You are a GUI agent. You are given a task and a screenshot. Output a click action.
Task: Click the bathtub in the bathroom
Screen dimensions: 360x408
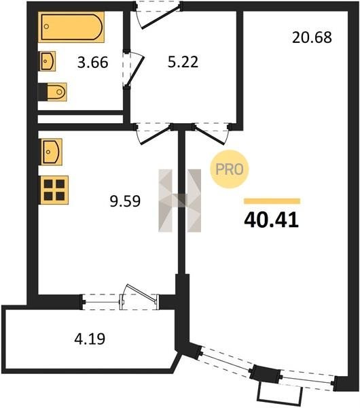[x=71, y=27]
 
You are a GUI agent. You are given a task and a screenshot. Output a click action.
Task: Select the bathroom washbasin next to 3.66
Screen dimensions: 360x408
[x=48, y=61]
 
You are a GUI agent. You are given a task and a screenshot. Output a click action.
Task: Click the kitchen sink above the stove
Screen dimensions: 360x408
[x=52, y=152]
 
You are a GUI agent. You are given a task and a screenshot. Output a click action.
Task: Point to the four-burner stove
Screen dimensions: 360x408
[x=54, y=190]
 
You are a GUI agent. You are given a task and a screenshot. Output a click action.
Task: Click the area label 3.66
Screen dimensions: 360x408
[x=93, y=63]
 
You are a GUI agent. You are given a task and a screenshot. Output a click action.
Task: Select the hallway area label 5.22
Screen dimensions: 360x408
[x=183, y=62]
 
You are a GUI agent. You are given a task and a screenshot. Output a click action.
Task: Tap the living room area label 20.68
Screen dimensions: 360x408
[x=312, y=37]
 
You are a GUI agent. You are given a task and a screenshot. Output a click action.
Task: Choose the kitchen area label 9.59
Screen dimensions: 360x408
[x=125, y=201]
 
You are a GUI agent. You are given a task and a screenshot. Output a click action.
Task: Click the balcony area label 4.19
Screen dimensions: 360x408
[x=90, y=339]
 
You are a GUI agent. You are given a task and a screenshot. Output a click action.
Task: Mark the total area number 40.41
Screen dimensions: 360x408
[x=272, y=220]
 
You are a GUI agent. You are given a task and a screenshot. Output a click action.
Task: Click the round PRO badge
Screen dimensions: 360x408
[x=230, y=169]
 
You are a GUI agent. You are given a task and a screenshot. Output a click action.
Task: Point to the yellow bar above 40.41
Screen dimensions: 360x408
[x=272, y=201]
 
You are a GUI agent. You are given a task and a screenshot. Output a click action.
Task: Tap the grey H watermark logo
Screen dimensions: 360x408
[x=179, y=201]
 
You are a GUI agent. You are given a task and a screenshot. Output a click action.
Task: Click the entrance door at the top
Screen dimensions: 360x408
[x=158, y=15]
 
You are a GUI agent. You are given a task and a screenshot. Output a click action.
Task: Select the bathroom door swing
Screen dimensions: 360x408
[x=134, y=69]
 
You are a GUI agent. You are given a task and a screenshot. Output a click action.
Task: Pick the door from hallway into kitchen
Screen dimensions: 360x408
[x=154, y=134]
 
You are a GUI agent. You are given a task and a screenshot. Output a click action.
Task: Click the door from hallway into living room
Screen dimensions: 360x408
[x=211, y=134]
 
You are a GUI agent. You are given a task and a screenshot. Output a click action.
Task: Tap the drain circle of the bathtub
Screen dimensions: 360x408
[x=46, y=27]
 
